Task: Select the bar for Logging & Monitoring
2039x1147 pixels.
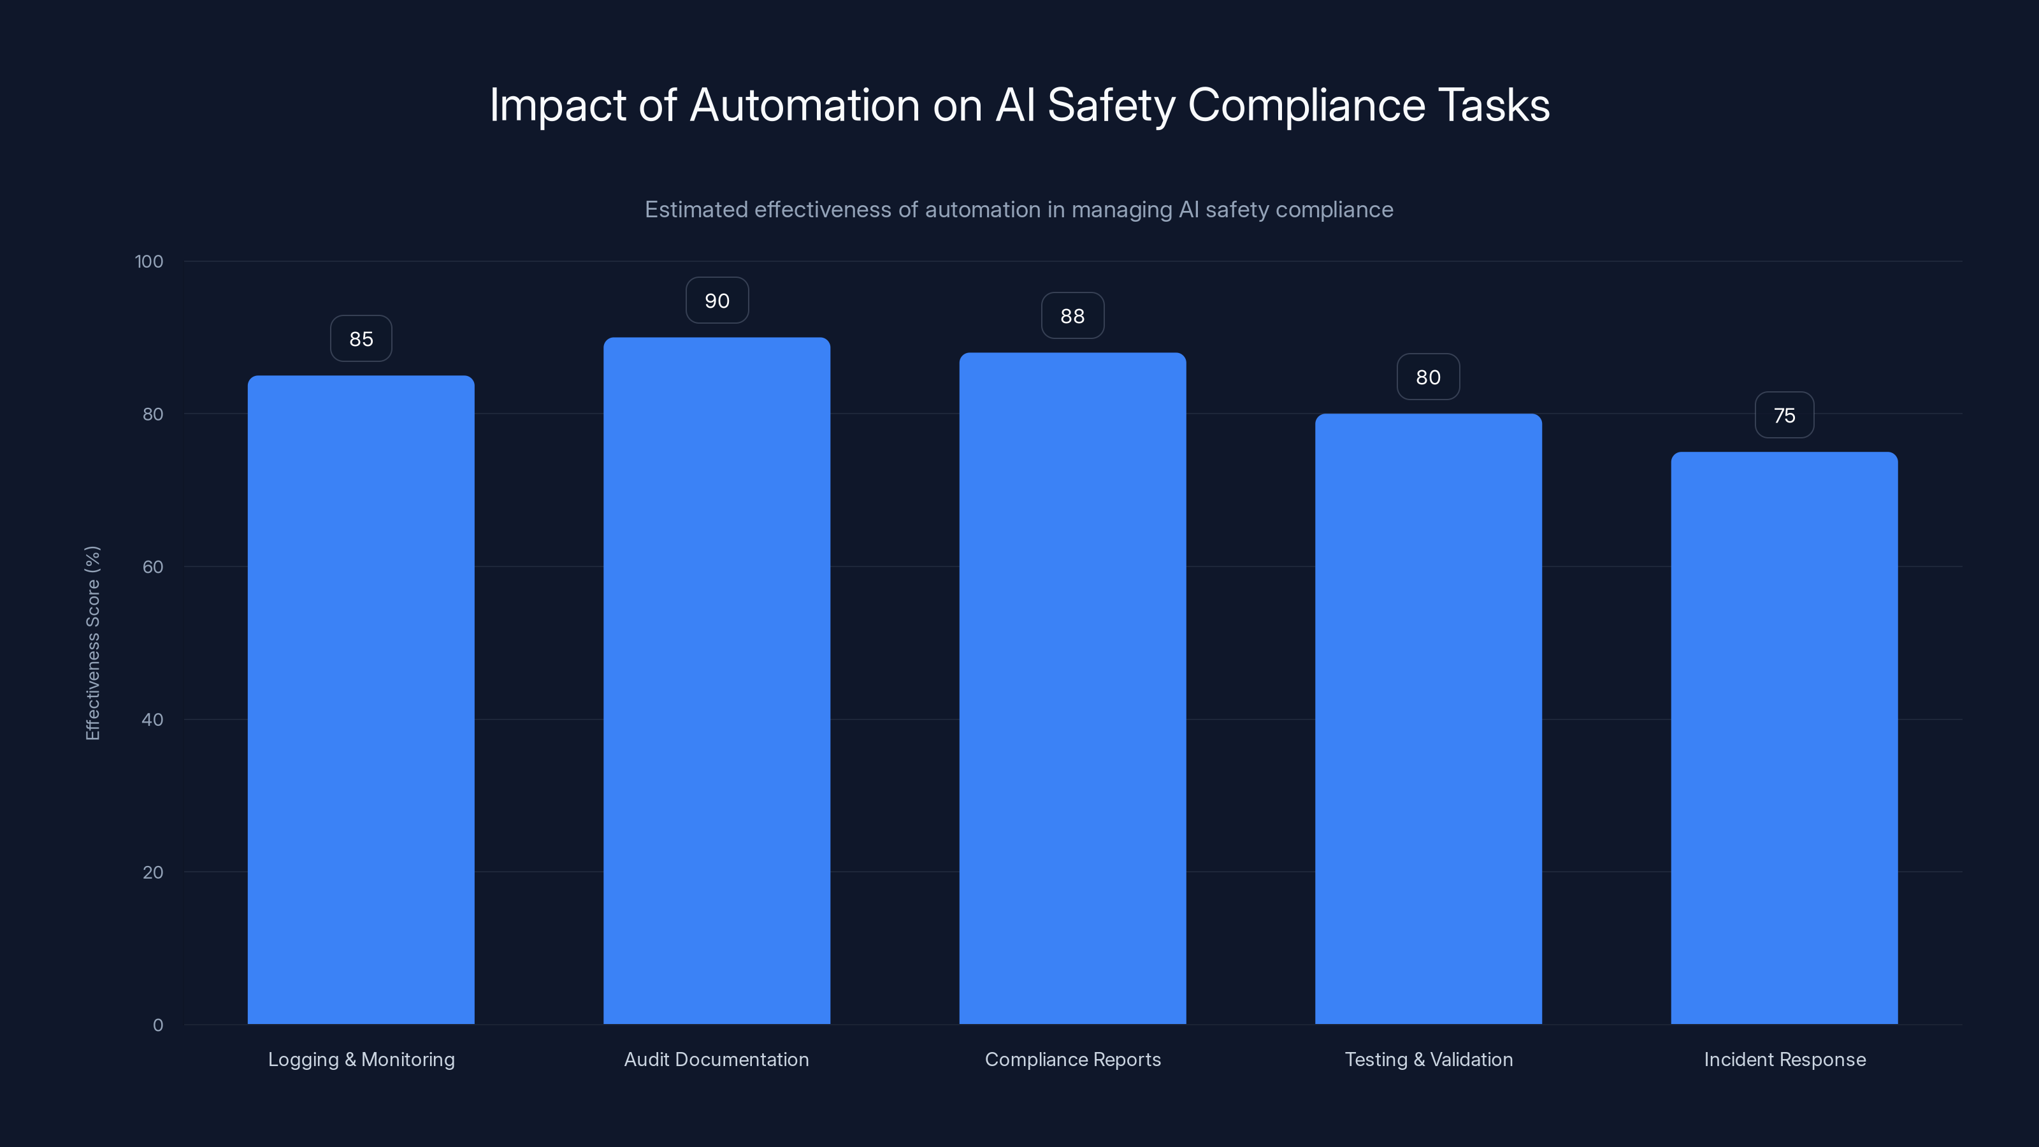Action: tap(361, 700)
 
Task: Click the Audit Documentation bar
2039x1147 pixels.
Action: tap(716, 681)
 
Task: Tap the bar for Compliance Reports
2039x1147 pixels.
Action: tap(1072, 688)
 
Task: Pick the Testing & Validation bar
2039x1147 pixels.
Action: tap(1428, 719)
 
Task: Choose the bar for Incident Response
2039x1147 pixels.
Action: tap(1784, 738)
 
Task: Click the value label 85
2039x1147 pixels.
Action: tap(361, 339)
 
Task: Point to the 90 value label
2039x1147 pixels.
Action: tap(716, 301)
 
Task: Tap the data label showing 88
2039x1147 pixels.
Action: tap(1072, 316)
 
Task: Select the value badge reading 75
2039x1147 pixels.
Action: tap(1784, 415)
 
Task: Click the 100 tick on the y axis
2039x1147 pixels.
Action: tap(149, 261)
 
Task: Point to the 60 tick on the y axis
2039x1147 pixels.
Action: tap(153, 566)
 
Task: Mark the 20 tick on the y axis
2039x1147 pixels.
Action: tap(153, 872)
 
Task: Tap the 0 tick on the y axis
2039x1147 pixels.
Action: tap(157, 1025)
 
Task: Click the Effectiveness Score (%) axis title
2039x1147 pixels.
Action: tap(92, 643)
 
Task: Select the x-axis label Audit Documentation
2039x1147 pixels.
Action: tap(716, 1059)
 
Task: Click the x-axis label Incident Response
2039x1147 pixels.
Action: tap(1784, 1059)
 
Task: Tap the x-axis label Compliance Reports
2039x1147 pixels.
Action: tap(1072, 1059)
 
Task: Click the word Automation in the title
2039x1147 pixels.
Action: tap(804, 105)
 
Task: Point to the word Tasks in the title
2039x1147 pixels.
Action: tap(1493, 105)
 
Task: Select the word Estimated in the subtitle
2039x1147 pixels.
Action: tap(696, 210)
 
